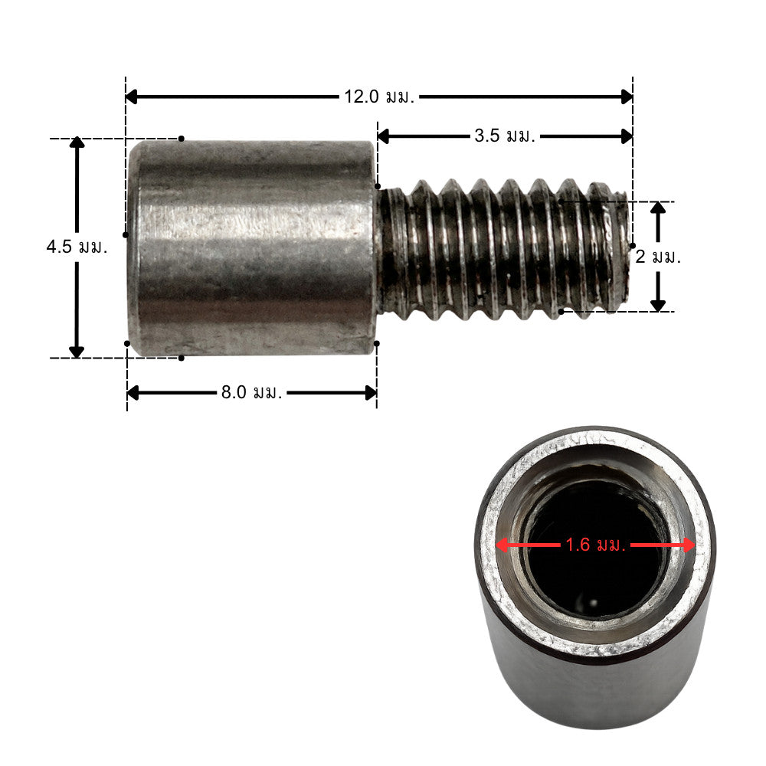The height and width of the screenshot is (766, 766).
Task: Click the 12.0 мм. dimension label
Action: click(x=379, y=97)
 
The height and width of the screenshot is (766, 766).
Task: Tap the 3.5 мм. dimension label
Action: click(x=505, y=136)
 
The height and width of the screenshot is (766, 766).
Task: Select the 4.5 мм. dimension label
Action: click(x=77, y=247)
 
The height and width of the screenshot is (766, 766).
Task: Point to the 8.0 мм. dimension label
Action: click(x=251, y=392)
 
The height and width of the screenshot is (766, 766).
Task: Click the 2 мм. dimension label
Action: click(x=657, y=257)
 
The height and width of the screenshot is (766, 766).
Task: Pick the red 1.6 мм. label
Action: click(x=595, y=545)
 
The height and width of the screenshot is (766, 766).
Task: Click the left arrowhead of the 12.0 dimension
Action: click(x=131, y=97)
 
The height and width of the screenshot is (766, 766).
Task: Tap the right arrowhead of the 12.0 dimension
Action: click(x=627, y=97)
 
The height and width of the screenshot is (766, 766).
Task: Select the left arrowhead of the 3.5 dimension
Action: click(x=383, y=136)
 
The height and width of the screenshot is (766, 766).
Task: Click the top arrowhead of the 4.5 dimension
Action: click(x=77, y=142)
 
